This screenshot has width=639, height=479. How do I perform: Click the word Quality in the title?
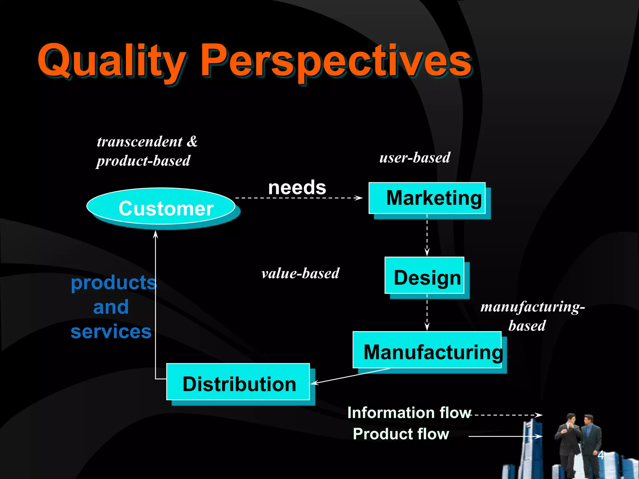coord(111,61)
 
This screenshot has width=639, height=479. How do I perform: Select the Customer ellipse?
coord(161,207)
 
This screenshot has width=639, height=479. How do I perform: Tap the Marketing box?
coord(427,198)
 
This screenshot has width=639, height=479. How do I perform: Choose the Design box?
coord(424,276)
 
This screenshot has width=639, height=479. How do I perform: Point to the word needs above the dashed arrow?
coord(297,187)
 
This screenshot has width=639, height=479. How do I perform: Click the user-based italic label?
coord(415,157)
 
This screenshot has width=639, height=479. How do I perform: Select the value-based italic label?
coord(300,273)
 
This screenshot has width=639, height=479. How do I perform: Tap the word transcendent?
coord(139,142)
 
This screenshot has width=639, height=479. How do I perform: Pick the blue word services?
coord(111,331)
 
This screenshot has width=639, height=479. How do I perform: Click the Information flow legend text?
coord(409,413)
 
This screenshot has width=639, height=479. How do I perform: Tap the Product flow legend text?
coord(401,434)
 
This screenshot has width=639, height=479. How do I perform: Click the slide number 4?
coord(601,455)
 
